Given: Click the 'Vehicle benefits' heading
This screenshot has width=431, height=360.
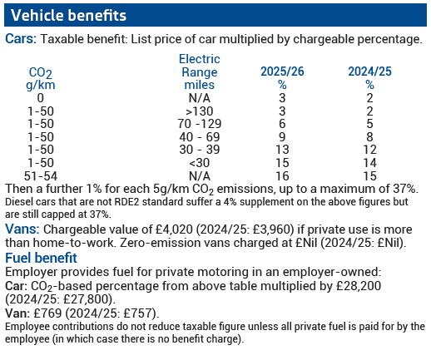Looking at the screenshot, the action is coord(68,15).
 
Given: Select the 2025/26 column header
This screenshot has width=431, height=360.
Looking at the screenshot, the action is coord(282,78).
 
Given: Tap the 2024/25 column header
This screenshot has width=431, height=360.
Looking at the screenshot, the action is coord(369,78).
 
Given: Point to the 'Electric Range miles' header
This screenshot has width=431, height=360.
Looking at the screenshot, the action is coord(200,72).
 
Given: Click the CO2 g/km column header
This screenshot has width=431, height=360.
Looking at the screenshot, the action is coord(41,79).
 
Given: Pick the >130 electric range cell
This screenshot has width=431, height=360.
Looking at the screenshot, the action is coord(200,111).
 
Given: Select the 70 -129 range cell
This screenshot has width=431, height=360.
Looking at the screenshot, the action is coord(200,124).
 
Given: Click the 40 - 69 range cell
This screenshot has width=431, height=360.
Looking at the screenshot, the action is coord(200,137).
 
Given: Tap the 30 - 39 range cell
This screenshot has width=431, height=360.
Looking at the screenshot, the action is coord(200,150).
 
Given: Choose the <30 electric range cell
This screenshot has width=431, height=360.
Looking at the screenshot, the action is coord(200,163).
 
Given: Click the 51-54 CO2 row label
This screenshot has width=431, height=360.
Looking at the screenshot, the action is coord(41,176).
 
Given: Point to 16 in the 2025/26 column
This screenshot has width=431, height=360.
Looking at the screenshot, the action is coord(282,176).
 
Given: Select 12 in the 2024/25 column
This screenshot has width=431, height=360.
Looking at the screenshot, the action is coord(369,150).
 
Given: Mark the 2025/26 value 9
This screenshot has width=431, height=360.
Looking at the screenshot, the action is coord(282,137).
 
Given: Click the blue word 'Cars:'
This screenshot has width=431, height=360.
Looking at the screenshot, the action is coord(21,38).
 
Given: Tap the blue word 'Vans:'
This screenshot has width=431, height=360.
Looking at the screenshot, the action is coord(22,229).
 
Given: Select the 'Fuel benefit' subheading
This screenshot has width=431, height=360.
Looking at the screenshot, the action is coord(41,258).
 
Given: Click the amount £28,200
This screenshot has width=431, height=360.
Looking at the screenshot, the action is coord(359,286).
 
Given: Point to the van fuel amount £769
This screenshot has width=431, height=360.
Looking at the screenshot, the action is coord(47,313).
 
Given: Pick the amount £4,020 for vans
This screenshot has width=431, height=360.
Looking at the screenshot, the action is coord(174,229).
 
